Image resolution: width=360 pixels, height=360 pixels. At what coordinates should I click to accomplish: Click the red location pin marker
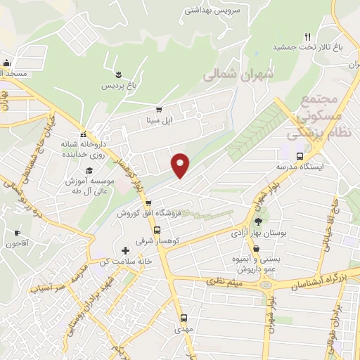(180, 165)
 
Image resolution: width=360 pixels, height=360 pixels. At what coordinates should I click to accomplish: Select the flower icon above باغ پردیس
(118, 74)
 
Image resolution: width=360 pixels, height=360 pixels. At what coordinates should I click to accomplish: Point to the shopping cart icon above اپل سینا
(158, 109)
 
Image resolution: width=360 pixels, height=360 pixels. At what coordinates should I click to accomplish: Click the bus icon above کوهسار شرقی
(157, 229)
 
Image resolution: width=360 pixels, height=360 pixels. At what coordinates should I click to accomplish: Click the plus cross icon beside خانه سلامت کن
(126, 250)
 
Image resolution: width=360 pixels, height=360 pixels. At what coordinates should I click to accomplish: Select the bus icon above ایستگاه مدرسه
(300, 156)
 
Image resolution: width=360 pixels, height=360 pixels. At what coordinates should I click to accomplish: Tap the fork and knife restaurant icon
(307, 37)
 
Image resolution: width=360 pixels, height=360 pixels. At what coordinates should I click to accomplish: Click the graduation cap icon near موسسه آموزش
(89, 171)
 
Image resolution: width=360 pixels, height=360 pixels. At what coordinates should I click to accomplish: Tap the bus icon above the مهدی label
(184, 318)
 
